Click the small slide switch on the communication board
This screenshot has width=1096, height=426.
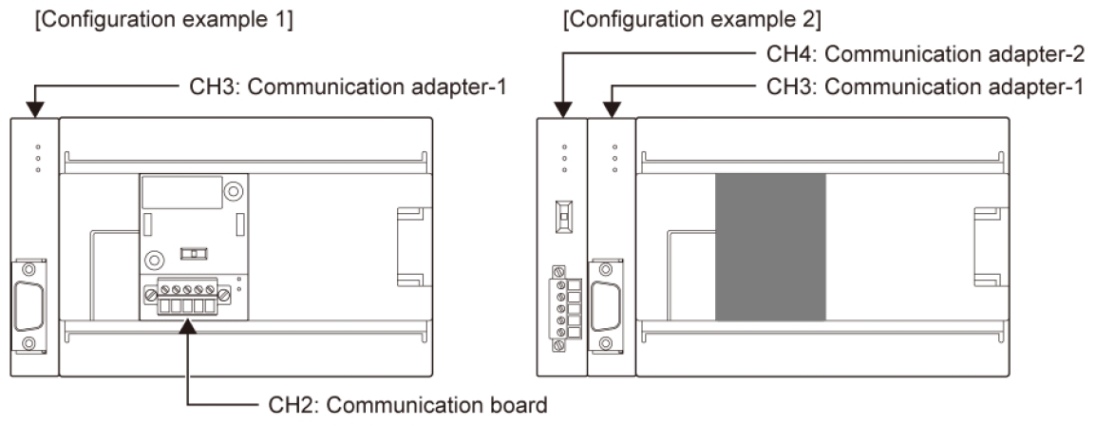pyautogui.click(x=192, y=254)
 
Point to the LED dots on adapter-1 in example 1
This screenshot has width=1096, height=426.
pyautogui.click(x=37, y=158)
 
